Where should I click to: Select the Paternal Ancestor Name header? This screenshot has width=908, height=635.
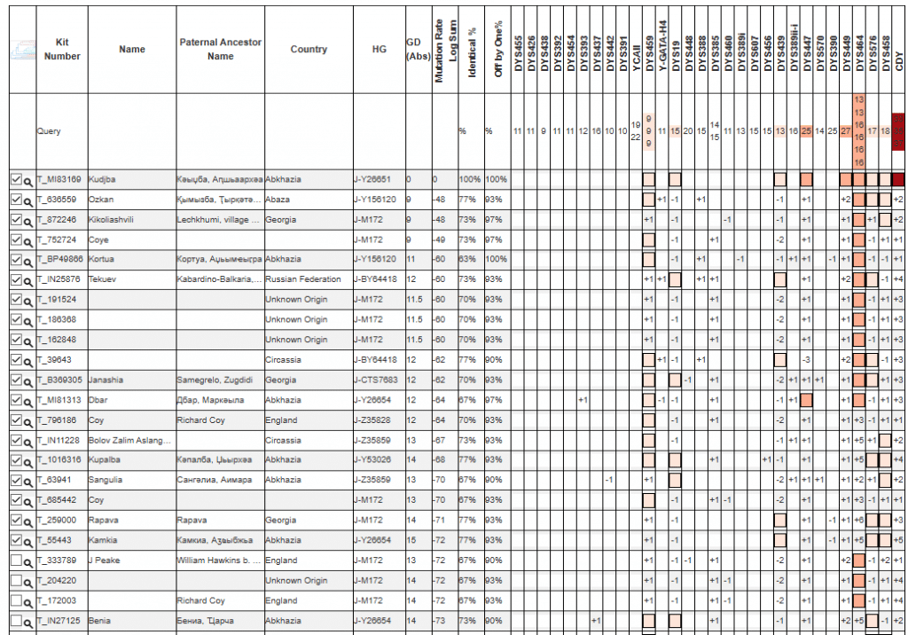pyautogui.click(x=220, y=50)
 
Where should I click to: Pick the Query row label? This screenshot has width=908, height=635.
pyautogui.click(x=49, y=130)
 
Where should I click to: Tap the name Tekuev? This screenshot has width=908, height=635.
pyautogui.click(x=103, y=279)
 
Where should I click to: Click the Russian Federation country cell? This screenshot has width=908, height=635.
pyautogui.click(x=302, y=279)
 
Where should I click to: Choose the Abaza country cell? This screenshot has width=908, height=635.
pyautogui.click(x=278, y=200)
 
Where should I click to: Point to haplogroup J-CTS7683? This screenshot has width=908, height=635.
pyautogui.click(x=375, y=380)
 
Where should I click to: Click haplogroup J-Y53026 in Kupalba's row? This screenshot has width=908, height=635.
pyautogui.click(x=373, y=459)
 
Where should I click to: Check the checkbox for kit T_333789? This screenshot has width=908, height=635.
pyautogui.click(x=15, y=560)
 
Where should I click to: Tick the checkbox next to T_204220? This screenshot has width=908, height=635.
pyautogui.click(x=15, y=580)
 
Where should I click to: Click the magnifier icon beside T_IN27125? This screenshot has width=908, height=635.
pyautogui.click(x=28, y=621)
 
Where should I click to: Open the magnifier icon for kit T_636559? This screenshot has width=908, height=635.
pyautogui.click(x=28, y=200)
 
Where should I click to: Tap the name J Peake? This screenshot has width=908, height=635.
pyautogui.click(x=105, y=560)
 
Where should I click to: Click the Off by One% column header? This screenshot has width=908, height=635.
pyautogui.click(x=498, y=50)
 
